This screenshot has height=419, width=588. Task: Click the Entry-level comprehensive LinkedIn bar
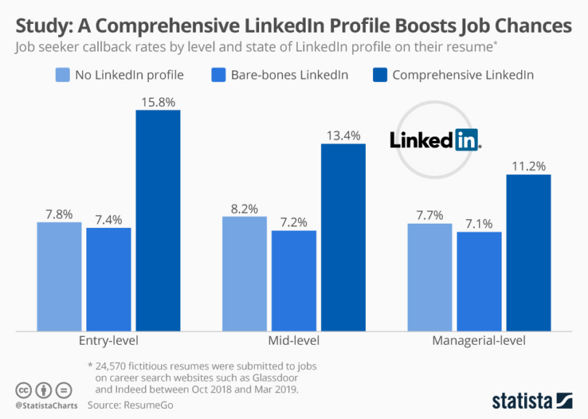[x=158, y=221]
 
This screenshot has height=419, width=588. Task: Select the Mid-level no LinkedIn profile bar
[x=244, y=274]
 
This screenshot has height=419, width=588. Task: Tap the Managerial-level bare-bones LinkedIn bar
[x=479, y=281]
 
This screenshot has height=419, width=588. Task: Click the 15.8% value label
[x=158, y=102]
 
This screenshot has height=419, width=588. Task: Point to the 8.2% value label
[x=244, y=208]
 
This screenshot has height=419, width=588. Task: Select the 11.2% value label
[x=528, y=166]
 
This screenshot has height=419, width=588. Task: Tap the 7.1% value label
[x=479, y=224]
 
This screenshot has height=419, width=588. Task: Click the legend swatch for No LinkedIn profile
[x=63, y=74]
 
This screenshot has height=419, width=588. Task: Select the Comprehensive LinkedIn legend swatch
[x=380, y=74]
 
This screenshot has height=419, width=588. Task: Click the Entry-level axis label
[x=107, y=341]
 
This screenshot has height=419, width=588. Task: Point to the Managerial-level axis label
[x=479, y=341]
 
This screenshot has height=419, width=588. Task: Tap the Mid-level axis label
[x=294, y=341]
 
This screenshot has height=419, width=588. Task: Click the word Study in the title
[x=42, y=26]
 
